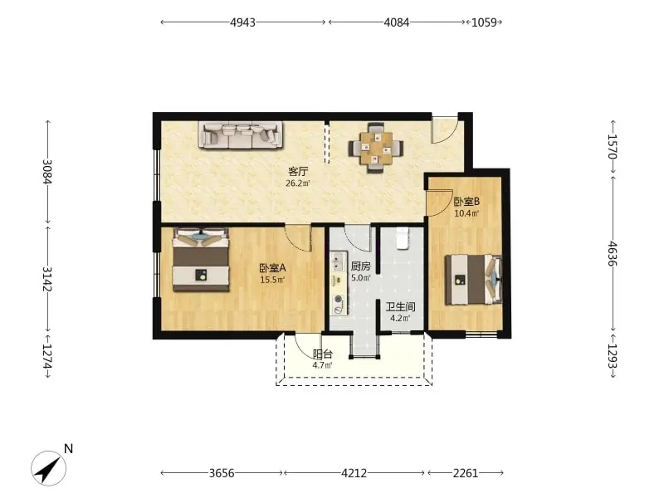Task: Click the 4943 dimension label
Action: [x=242, y=22]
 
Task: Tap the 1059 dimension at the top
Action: [x=484, y=22]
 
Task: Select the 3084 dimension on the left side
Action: [x=47, y=171]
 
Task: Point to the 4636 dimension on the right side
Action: [x=613, y=254]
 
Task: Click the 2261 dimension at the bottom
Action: [x=466, y=472]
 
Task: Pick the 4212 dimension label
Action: [x=354, y=472]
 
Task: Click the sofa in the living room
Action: [x=241, y=135]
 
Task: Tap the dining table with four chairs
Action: [x=376, y=148]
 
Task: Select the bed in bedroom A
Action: [x=201, y=260]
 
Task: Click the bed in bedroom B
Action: [x=473, y=280]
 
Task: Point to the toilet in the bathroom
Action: [x=402, y=238]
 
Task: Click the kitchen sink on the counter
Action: [x=338, y=261]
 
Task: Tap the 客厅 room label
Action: [x=298, y=172]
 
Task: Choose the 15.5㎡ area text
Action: [x=272, y=280]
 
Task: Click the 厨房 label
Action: [x=361, y=266]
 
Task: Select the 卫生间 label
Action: [x=400, y=306]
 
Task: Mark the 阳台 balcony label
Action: [x=323, y=354]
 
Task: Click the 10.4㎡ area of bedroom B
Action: [x=466, y=213]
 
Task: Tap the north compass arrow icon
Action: [x=48, y=468]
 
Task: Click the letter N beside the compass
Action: [x=68, y=448]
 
